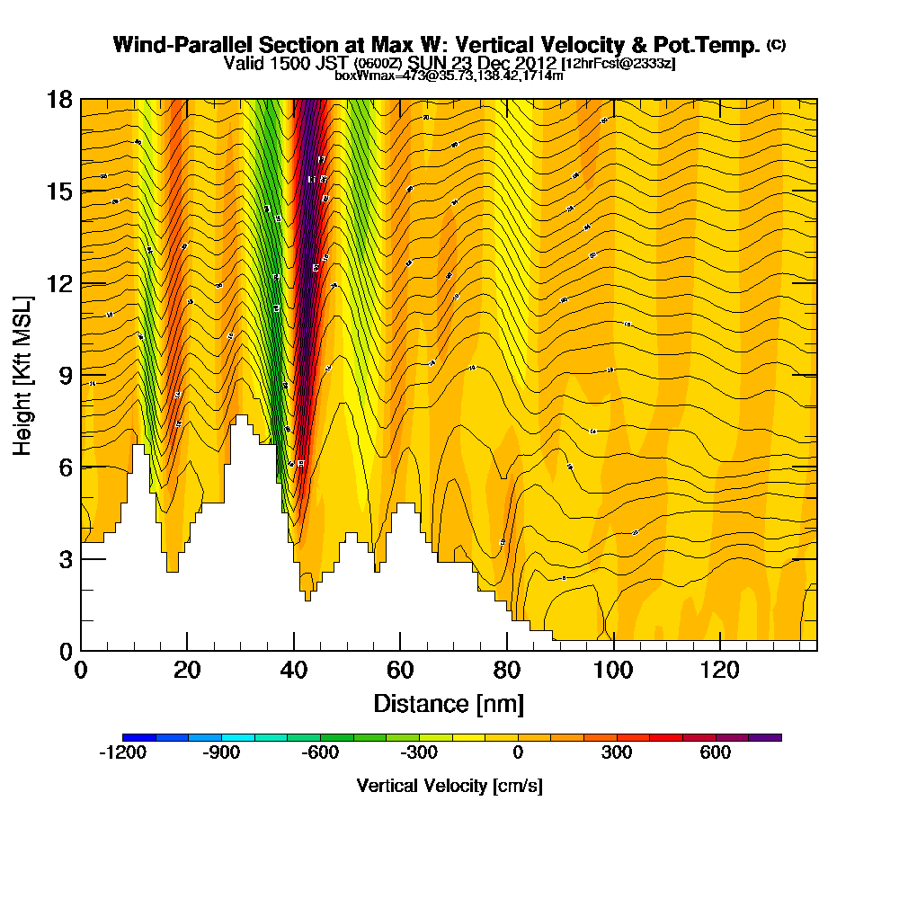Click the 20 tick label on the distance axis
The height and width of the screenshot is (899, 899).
pyautogui.click(x=187, y=671)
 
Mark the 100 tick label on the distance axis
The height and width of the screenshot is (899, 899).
pyautogui.click(x=613, y=671)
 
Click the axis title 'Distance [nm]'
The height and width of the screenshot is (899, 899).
pyautogui.click(x=449, y=704)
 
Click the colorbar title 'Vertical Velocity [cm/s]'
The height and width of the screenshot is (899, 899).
pyautogui.click(x=449, y=787)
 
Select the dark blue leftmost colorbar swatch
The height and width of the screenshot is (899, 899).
pyautogui.click(x=138, y=737)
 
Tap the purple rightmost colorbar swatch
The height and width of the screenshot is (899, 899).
pyautogui.click(x=765, y=737)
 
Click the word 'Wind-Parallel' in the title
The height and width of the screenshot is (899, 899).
pyautogui.click(x=172, y=45)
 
